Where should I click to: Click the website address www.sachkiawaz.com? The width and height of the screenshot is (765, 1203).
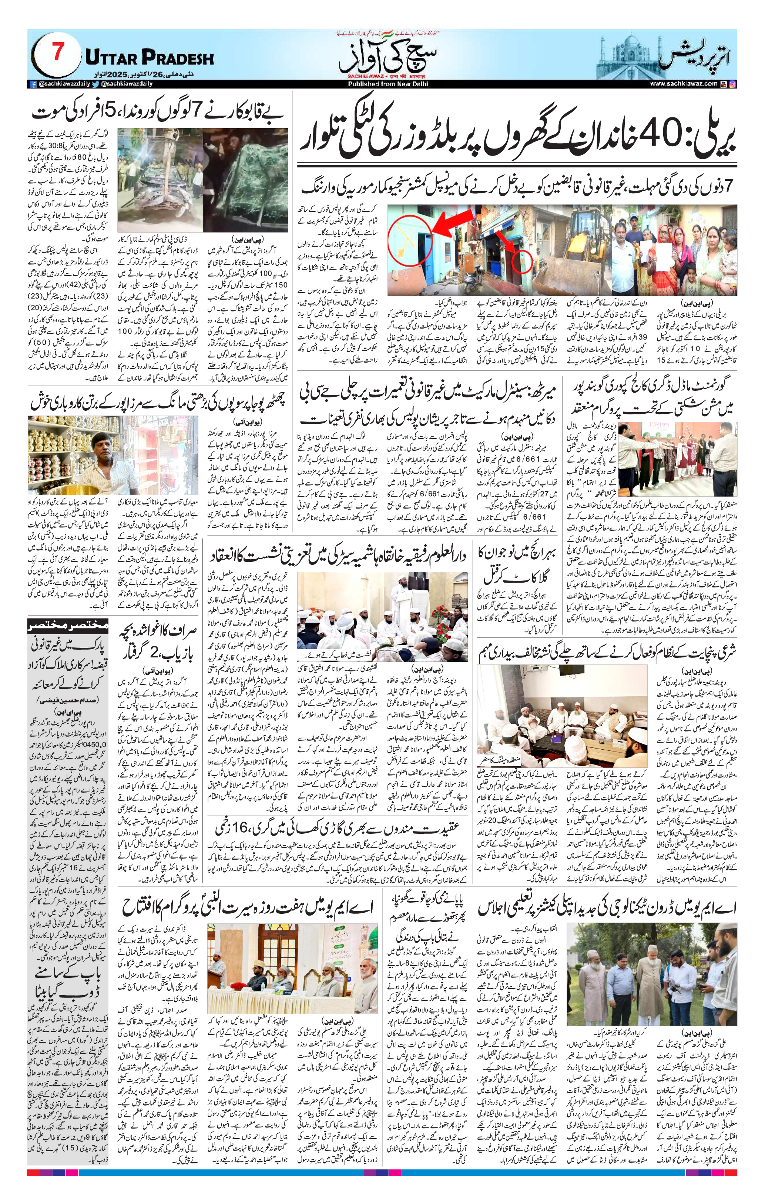pyautogui.click(x=684, y=84)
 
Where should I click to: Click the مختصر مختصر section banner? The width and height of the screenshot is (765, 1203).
pyautogui.click(x=67, y=624)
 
